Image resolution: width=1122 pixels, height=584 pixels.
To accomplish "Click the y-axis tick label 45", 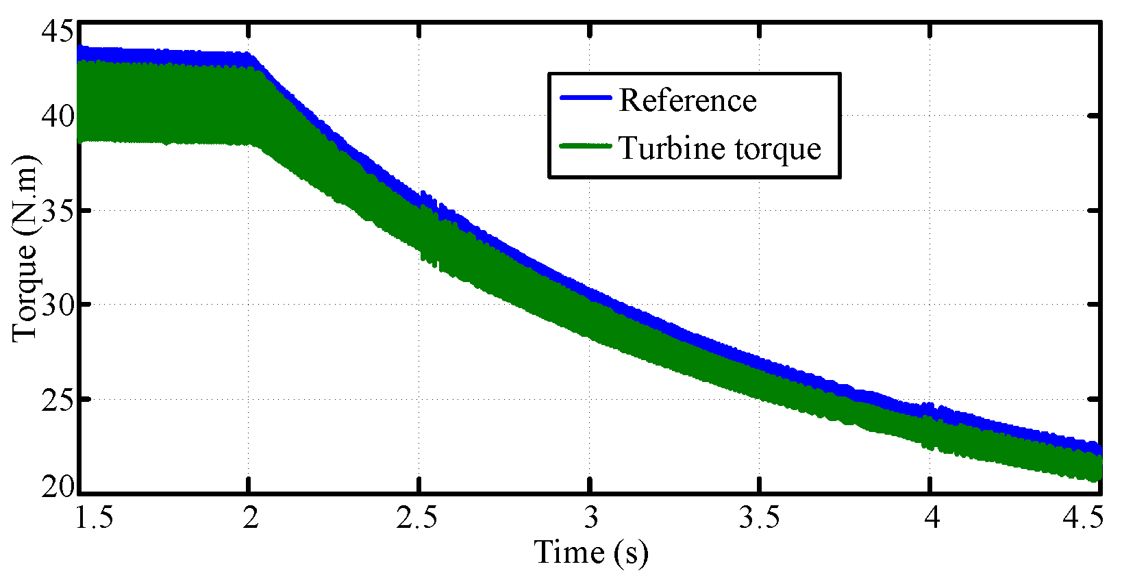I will click(57, 30).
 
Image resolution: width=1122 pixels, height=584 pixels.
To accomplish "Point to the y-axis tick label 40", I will click(57, 116).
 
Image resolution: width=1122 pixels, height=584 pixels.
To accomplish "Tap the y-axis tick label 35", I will click(57, 210).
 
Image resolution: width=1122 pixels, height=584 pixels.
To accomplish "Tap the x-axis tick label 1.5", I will click(93, 518).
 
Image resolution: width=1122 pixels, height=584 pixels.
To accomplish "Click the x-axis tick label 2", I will click(251, 518).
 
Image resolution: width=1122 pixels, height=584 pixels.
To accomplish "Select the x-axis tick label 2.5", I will click(417, 518).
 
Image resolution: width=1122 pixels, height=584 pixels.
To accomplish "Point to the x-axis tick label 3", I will click(590, 518).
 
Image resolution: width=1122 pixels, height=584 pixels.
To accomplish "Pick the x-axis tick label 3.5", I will click(759, 518).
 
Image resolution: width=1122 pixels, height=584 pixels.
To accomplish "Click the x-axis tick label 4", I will click(931, 518).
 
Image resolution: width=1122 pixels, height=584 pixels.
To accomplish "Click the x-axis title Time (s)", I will click(590, 553).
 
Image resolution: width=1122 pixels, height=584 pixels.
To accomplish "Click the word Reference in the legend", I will click(688, 101).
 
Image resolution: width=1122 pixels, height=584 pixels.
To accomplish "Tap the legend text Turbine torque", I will click(719, 148).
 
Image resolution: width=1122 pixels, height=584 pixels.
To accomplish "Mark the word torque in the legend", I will click(778, 149).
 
